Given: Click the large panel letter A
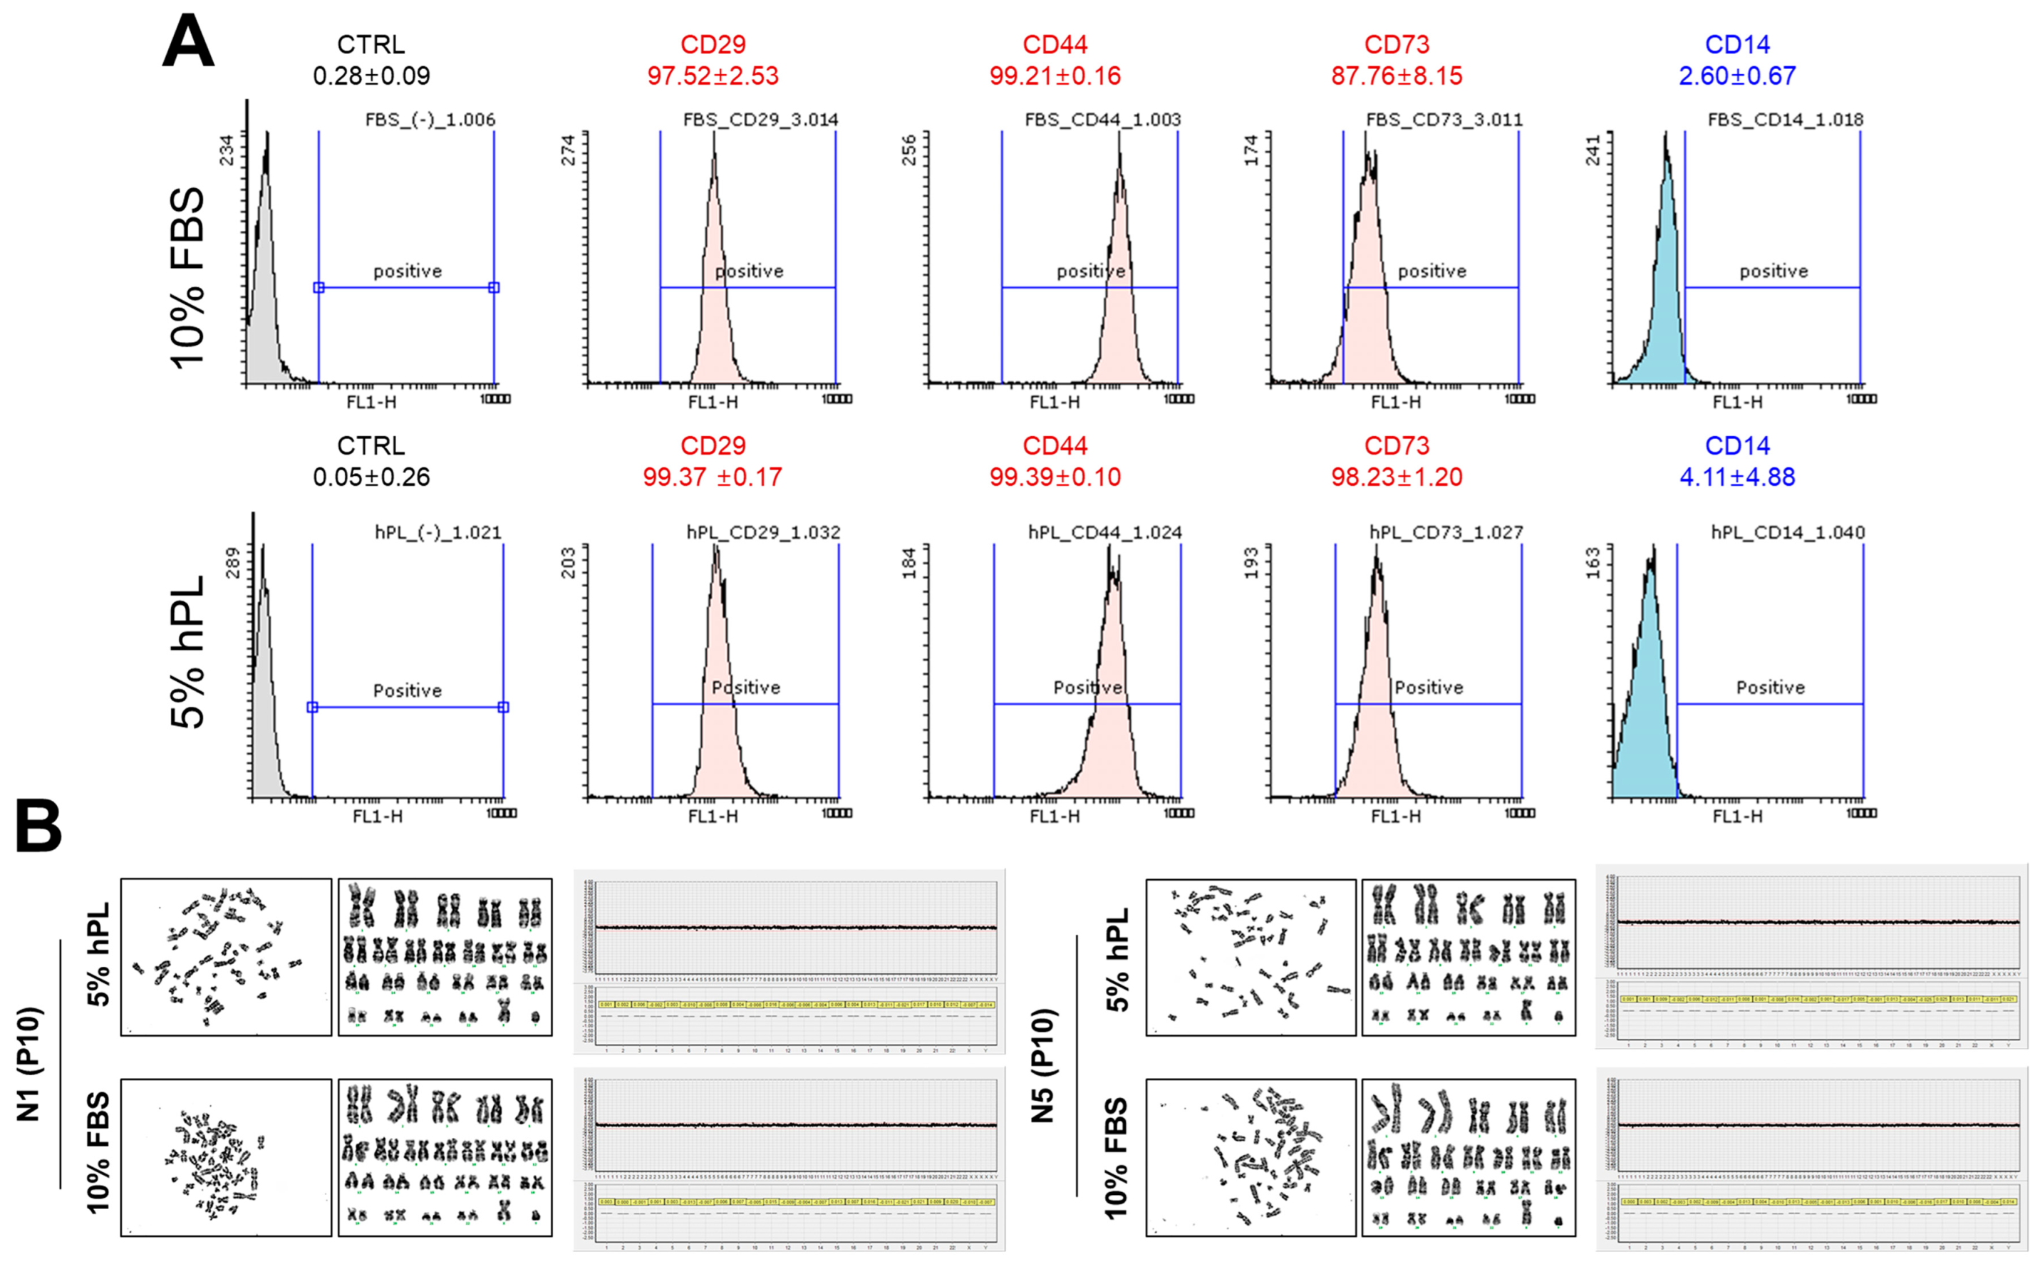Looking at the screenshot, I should (188, 43).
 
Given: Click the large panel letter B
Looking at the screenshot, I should (38, 826).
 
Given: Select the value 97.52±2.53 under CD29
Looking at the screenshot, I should (713, 76).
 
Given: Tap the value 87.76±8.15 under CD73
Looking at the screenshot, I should (1397, 76).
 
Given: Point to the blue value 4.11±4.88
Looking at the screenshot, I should (1737, 477).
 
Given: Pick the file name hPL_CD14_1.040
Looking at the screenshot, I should (1788, 532).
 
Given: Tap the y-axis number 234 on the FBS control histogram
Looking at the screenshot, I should (227, 150).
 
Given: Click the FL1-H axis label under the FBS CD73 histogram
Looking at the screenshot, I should (1396, 402).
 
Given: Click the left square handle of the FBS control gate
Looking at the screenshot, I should (319, 288).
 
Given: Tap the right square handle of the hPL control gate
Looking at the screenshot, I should (504, 708).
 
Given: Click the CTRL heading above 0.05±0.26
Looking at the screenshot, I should (371, 445).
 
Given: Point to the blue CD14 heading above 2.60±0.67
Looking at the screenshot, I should (1737, 44).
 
